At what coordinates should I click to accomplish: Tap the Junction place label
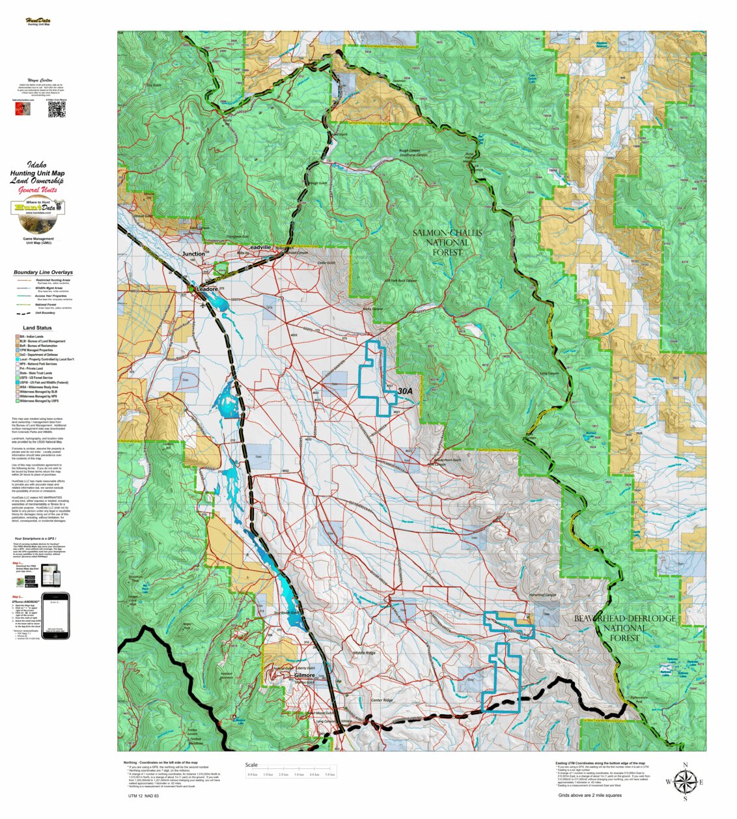pos(193,254)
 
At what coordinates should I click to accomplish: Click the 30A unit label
pos(405,391)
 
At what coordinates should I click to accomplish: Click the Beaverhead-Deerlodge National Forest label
pos(624,628)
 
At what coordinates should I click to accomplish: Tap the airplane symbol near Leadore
pos(204,304)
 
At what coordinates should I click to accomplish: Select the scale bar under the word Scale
pos(290,775)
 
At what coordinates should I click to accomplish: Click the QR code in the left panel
pos(57,110)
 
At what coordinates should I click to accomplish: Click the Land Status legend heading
pos(37,328)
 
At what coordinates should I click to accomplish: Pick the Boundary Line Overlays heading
pos(43,272)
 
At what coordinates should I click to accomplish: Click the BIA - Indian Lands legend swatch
pos(17,337)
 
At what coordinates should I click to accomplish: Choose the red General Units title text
pos(38,189)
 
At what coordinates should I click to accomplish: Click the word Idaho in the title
pos(36,165)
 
